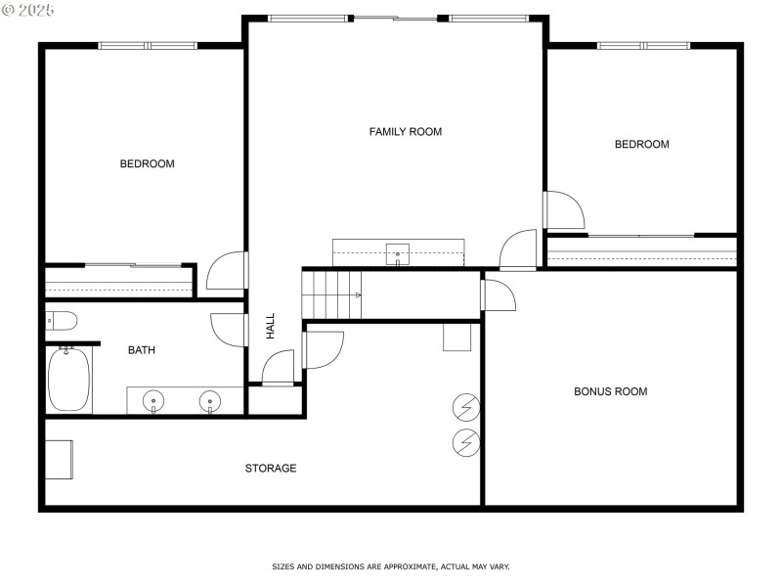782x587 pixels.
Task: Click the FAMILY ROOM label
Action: coord(405,131)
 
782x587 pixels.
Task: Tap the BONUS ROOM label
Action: coord(610,391)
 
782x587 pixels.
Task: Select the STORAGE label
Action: coord(271,469)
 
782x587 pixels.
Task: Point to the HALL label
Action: coord(271,326)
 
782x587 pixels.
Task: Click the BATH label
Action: coord(142,349)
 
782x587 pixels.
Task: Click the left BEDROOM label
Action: coord(147,163)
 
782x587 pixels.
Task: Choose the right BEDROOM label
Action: coord(641,144)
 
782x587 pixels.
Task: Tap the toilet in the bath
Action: coord(61,320)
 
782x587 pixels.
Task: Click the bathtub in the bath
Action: coord(68,380)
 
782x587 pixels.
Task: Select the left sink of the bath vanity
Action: coord(153,401)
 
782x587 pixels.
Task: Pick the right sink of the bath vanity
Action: coord(209,401)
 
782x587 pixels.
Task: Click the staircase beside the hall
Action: coord(331,293)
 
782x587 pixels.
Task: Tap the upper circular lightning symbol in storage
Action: coord(466,405)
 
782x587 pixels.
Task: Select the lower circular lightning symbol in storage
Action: coord(466,443)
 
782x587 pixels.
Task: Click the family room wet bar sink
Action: coord(398,253)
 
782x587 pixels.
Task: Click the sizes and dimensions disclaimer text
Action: coord(390,566)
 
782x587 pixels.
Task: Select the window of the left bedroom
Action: coord(148,45)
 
